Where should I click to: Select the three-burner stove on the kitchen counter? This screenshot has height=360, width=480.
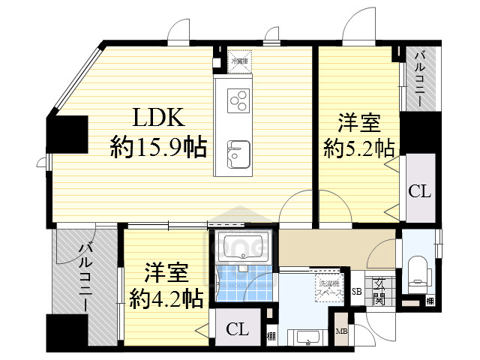(x=239, y=100)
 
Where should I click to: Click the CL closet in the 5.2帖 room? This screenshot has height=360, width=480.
(x=419, y=190)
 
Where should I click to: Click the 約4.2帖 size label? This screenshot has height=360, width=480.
(x=166, y=300)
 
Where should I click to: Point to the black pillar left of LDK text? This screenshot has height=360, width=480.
(x=67, y=134)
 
